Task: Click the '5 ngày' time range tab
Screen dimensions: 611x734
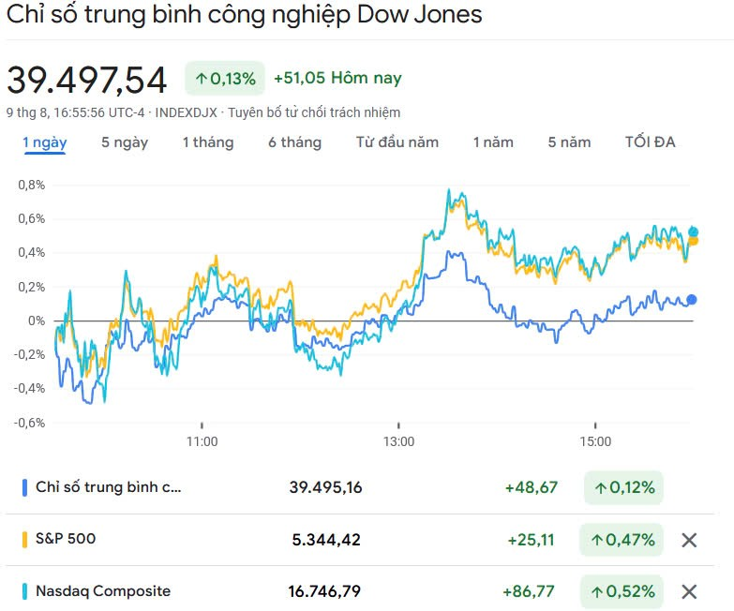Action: (x=125, y=142)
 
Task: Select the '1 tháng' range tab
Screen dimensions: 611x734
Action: (x=208, y=142)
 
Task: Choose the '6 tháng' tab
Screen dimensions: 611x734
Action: (x=294, y=142)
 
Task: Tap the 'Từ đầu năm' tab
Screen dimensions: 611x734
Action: (x=397, y=142)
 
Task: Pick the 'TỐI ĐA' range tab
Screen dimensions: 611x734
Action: (x=651, y=142)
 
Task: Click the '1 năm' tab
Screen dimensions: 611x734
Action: (x=493, y=142)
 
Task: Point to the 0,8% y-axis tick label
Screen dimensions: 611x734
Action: (x=31, y=185)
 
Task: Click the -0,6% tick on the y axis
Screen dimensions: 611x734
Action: (x=29, y=422)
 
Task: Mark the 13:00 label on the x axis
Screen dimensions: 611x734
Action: (x=398, y=441)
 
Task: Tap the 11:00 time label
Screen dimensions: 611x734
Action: (x=202, y=441)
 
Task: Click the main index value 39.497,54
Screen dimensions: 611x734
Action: (x=87, y=80)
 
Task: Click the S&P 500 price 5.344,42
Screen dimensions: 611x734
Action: (x=325, y=540)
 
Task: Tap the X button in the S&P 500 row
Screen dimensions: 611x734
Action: (x=689, y=540)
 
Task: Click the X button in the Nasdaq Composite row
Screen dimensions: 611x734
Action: (x=689, y=591)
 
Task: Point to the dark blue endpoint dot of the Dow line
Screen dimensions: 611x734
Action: (x=692, y=300)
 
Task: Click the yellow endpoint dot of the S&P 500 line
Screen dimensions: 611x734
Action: (x=693, y=241)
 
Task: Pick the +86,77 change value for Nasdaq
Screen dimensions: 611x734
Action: (x=529, y=591)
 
